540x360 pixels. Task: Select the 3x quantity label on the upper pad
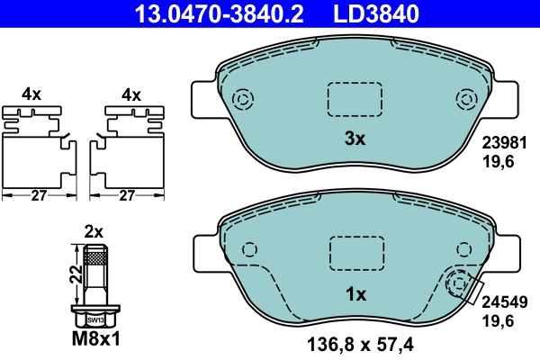355,139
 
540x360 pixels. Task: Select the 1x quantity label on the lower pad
355,294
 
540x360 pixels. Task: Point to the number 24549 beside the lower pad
503,303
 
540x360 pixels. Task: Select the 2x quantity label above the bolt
94,230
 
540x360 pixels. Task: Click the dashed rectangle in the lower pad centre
355,251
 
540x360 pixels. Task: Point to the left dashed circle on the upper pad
242,99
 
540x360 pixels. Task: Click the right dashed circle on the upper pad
466,99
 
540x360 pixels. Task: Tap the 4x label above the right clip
131,94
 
